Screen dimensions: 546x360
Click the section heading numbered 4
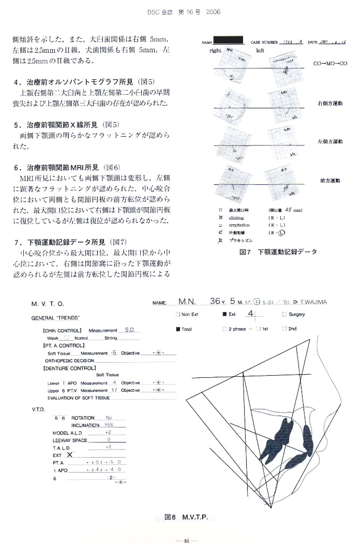point(84,82)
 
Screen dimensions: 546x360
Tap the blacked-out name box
point(229,40)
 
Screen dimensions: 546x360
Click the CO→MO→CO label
point(330,64)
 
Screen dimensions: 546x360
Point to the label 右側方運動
point(330,102)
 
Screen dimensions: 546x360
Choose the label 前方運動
point(330,181)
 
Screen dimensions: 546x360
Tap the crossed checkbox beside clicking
point(220,217)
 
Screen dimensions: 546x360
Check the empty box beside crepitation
point(220,225)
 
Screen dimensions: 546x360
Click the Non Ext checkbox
point(178,314)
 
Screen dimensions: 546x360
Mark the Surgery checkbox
point(284,314)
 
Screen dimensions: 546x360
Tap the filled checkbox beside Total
point(178,328)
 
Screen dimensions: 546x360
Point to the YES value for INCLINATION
point(109,425)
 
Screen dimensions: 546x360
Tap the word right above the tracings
point(216,50)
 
